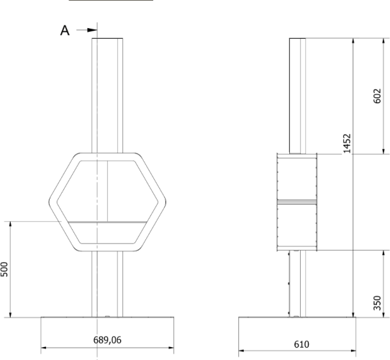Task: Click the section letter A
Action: [x=65, y=31]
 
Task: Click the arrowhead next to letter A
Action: [x=92, y=30]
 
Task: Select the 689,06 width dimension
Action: [x=107, y=340]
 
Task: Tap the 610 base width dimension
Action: [x=301, y=345]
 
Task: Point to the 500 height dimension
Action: [x=4, y=269]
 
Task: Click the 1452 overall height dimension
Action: [x=347, y=143]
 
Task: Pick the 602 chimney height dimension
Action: [x=377, y=96]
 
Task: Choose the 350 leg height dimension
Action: [x=377, y=303]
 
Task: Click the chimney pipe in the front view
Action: [x=107, y=96]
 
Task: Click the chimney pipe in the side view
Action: [x=297, y=96]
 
